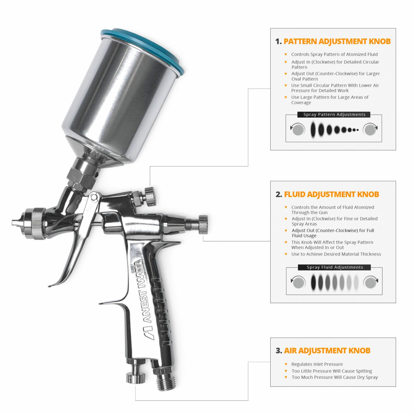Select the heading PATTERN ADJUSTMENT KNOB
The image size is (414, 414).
point(337,42)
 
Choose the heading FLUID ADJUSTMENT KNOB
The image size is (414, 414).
point(331,194)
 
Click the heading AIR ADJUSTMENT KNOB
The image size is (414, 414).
point(327,350)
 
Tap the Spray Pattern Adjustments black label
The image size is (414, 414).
point(334,115)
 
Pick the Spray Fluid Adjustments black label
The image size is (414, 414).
point(334,267)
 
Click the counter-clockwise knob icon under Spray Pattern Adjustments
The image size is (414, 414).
point(298,130)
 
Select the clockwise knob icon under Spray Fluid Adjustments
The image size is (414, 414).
point(371,282)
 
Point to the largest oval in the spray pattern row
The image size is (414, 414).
point(313,130)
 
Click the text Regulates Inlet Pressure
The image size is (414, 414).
point(317,364)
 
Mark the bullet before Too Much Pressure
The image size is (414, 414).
point(286,377)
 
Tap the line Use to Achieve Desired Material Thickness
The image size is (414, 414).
point(336,254)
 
